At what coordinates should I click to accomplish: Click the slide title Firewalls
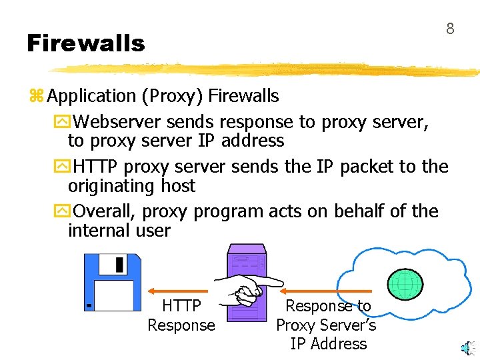click(85, 44)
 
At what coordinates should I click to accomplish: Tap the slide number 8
click(450, 29)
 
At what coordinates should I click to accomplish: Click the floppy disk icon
click(113, 282)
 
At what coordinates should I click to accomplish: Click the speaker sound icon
click(469, 347)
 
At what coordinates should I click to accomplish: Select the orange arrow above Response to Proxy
click(325, 291)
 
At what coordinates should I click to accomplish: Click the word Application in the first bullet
click(92, 96)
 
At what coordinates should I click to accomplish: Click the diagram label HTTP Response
click(181, 315)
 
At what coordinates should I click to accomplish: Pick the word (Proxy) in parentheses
click(172, 96)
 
